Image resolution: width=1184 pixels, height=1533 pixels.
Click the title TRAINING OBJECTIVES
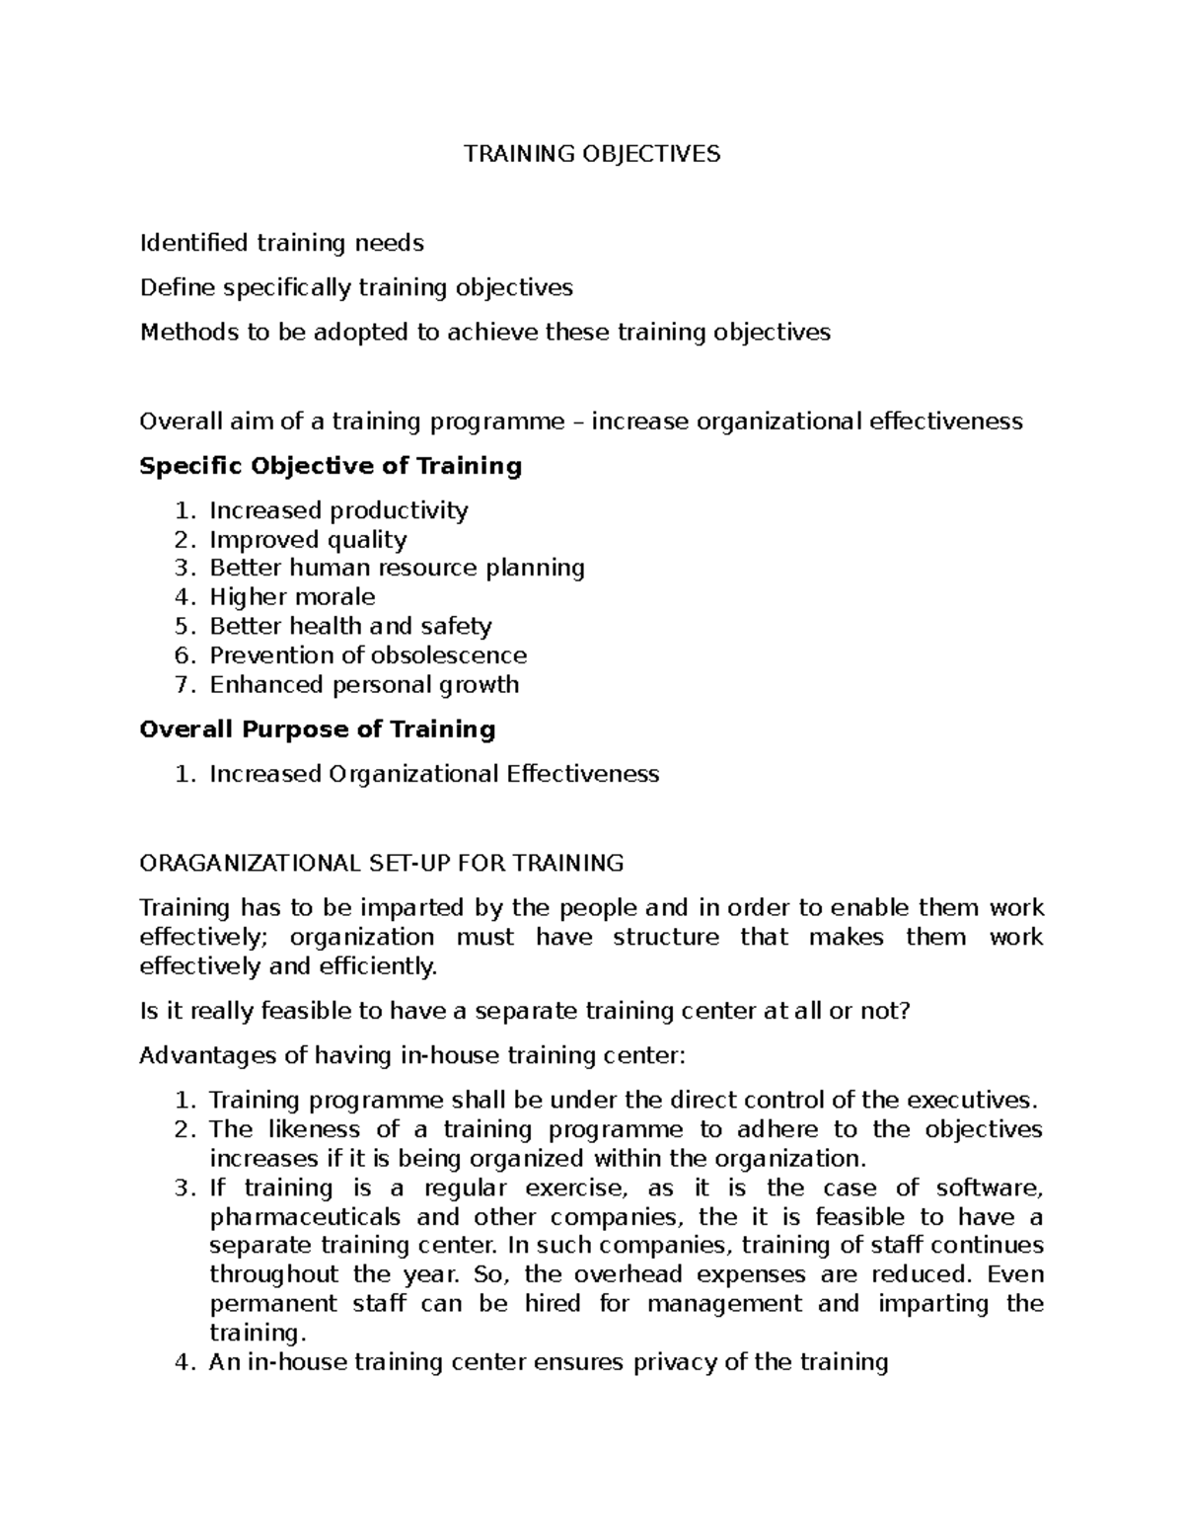coord(592,154)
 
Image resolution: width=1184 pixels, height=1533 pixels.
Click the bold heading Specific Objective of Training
coord(331,466)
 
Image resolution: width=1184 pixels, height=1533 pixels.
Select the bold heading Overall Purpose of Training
coord(318,729)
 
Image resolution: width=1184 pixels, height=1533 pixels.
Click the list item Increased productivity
coord(338,510)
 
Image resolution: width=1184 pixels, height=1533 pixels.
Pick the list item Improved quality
coord(308,540)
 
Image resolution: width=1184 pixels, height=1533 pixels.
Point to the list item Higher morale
coord(292,597)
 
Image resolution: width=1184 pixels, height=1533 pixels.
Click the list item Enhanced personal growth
coord(364,685)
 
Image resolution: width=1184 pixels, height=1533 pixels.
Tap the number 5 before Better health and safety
coord(181,627)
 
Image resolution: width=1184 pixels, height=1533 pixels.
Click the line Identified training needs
coord(282,243)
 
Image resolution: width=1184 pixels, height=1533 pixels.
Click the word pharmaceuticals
coord(305,1217)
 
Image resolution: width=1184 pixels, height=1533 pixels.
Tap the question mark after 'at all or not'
coord(902,1011)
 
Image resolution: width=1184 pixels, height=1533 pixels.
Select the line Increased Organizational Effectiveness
coord(434,774)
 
